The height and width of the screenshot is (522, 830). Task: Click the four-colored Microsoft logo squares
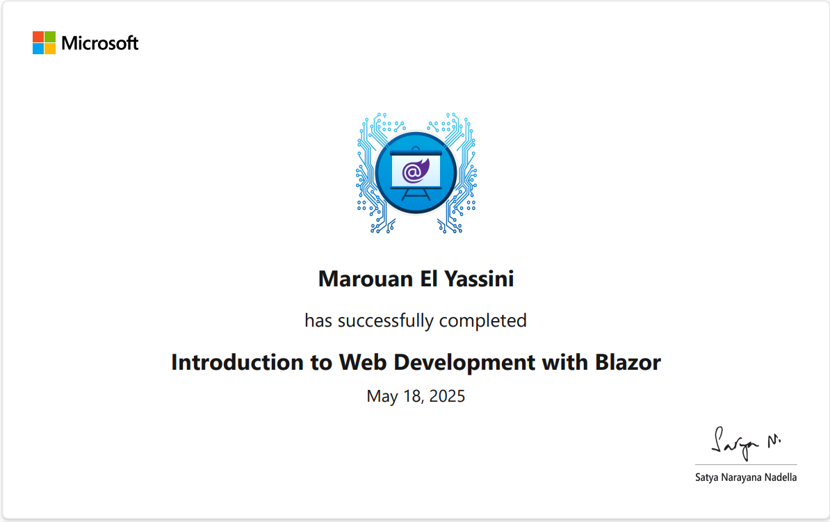(x=44, y=42)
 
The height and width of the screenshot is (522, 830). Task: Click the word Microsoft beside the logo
(x=100, y=43)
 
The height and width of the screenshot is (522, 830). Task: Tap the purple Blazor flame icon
(x=415, y=170)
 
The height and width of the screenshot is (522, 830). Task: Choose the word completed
(x=482, y=320)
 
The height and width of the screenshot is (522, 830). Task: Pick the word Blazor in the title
(x=628, y=362)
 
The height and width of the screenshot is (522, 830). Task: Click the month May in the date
(x=382, y=397)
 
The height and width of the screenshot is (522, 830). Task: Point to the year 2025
(x=447, y=396)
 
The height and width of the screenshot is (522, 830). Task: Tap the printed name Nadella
(x=780, y=478)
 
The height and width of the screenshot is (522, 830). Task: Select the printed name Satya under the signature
(x=707, y=478)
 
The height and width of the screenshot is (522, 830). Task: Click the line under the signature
(x=746, y=464)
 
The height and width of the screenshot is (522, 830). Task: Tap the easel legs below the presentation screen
(x=415, y=194)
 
